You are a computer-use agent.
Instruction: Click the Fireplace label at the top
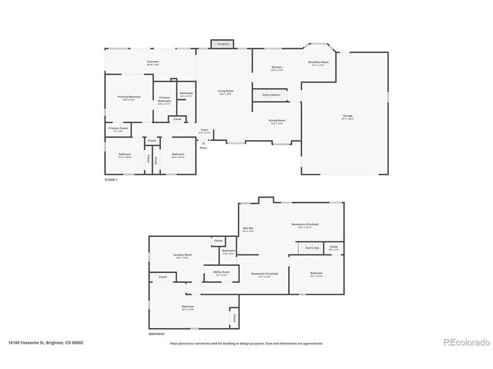point(223,45)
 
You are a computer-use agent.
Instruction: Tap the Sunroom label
point(153,61)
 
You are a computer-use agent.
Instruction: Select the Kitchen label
point(277,68)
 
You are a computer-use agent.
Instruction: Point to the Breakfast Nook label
point(318,61)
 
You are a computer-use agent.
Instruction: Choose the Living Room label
point(225,91)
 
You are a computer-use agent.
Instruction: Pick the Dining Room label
point(277,121)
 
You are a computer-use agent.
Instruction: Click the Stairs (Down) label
point(270,95)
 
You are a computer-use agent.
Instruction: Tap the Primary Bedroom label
point(129,97)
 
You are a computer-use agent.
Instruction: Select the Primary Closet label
point(119,128)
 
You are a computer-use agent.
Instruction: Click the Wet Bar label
point(249,228)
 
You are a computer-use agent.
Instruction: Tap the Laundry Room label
point(183,255)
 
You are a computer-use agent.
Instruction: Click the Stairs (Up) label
point(312,248)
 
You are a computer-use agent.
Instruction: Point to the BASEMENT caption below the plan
point(157,334)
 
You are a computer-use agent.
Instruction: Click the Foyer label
point(204,131)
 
